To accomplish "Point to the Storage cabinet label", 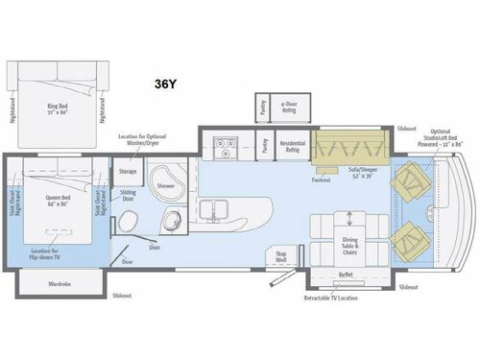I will (128, 171).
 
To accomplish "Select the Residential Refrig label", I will (292, 147).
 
